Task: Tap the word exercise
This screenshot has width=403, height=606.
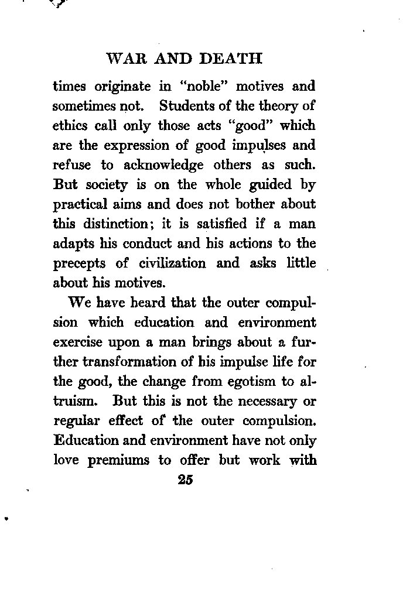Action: [76, 343]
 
